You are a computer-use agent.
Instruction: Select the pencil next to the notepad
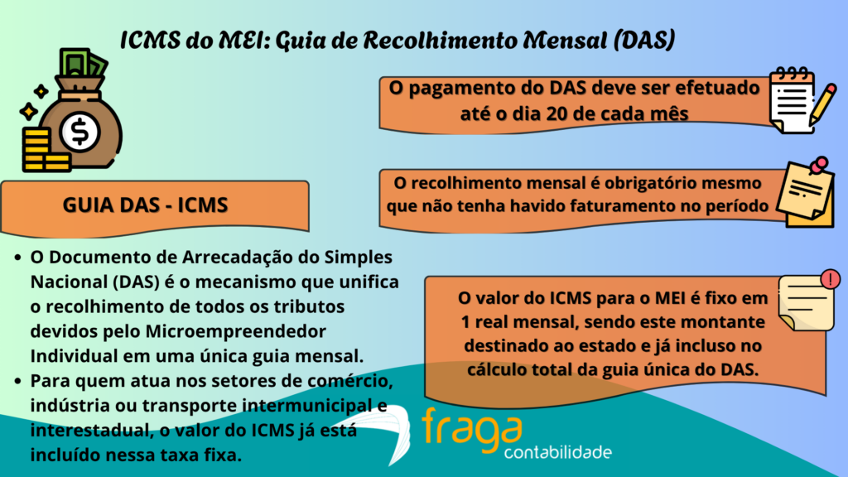[x=824, y=103]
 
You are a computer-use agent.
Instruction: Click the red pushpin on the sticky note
[x=820, y=166]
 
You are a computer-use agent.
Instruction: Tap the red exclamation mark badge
[x=831, y=279]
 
